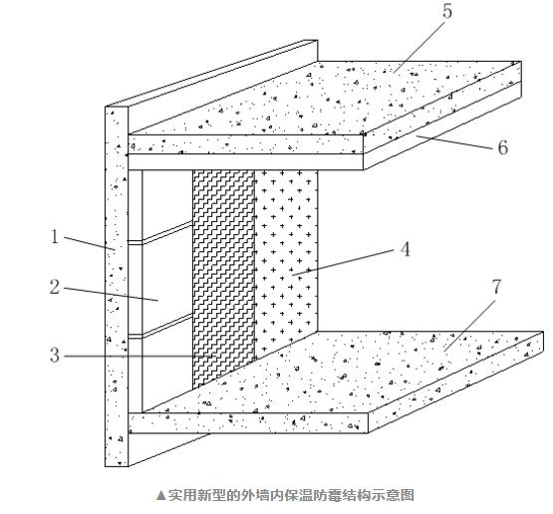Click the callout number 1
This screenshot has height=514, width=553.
[55, 236]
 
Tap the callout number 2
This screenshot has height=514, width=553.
[55, 286]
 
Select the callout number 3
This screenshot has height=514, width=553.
[55, 355]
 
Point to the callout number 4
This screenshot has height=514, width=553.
[406, 249]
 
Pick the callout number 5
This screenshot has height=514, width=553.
[447, 11]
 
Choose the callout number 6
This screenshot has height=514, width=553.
[503, 147]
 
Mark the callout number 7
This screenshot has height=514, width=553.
[496, 286]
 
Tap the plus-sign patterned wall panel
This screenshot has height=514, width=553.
[286, 261]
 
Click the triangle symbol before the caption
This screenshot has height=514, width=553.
[160, 495]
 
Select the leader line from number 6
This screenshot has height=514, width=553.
[454, 142]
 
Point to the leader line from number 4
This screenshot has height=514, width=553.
[343, 262]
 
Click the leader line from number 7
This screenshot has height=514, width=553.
[470, 326]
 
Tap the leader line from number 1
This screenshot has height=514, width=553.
[89, 243]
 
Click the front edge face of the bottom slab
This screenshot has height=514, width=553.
[248, 422]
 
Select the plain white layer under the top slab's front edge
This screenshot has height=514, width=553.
[246, 161]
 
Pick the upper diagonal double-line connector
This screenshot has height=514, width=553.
[167, 231]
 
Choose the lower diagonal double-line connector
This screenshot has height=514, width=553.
[167, 325]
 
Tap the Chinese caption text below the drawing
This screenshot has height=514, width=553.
[291, 495]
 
